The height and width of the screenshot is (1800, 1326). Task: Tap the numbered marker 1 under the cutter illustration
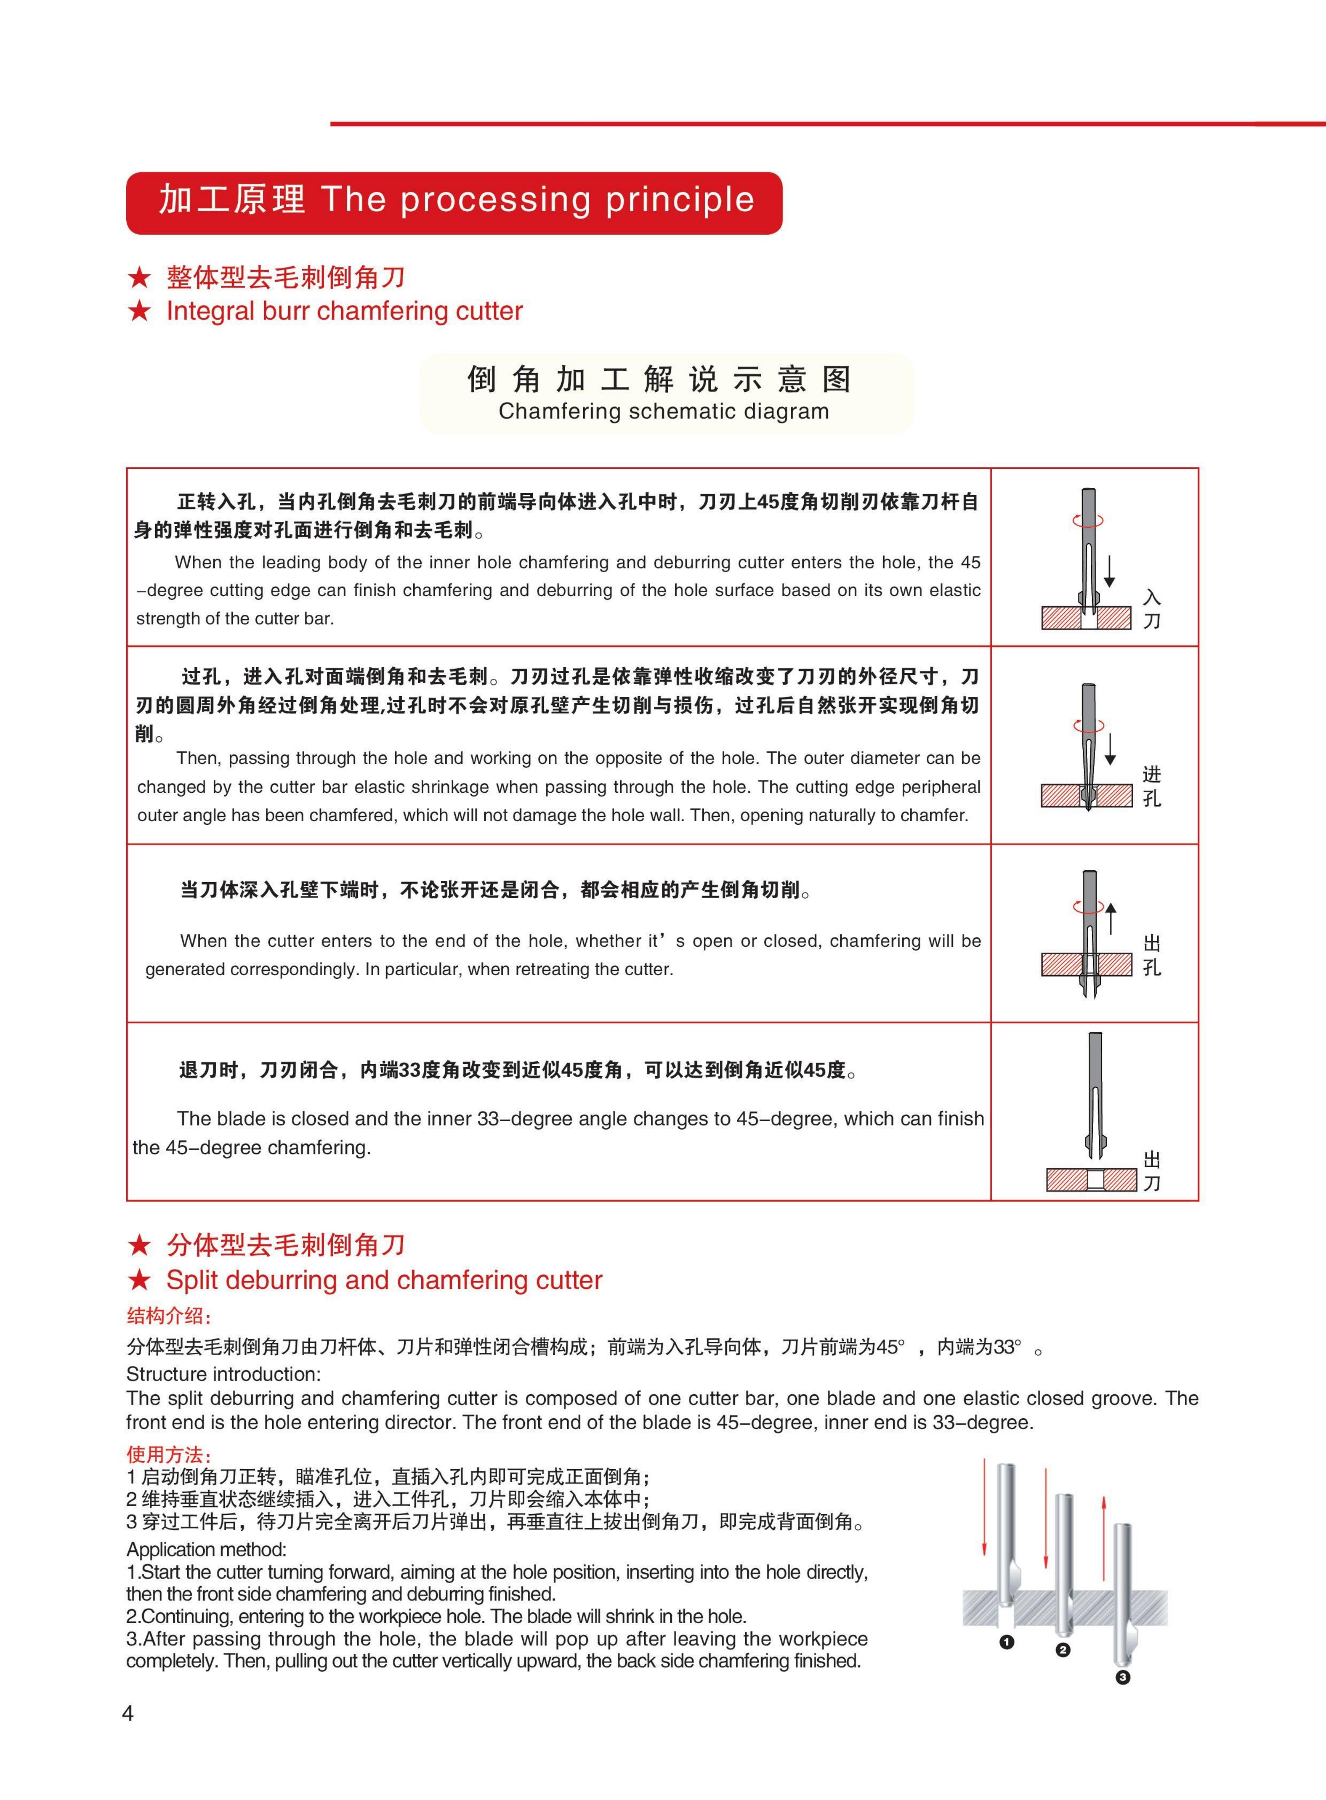tap(1007, 1642)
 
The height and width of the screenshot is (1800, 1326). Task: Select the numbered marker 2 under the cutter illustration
tap(1063, 1650)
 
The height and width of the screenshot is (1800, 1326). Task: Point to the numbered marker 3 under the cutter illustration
tap(1122, 1676)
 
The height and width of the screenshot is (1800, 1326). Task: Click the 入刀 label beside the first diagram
tap(1152, 609)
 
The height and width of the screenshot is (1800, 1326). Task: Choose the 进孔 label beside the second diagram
tap(1152, 787)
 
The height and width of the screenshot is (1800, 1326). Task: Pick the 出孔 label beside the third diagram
tap(1152, 956)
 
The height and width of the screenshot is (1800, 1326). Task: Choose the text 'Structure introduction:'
tap(223, 1374)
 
